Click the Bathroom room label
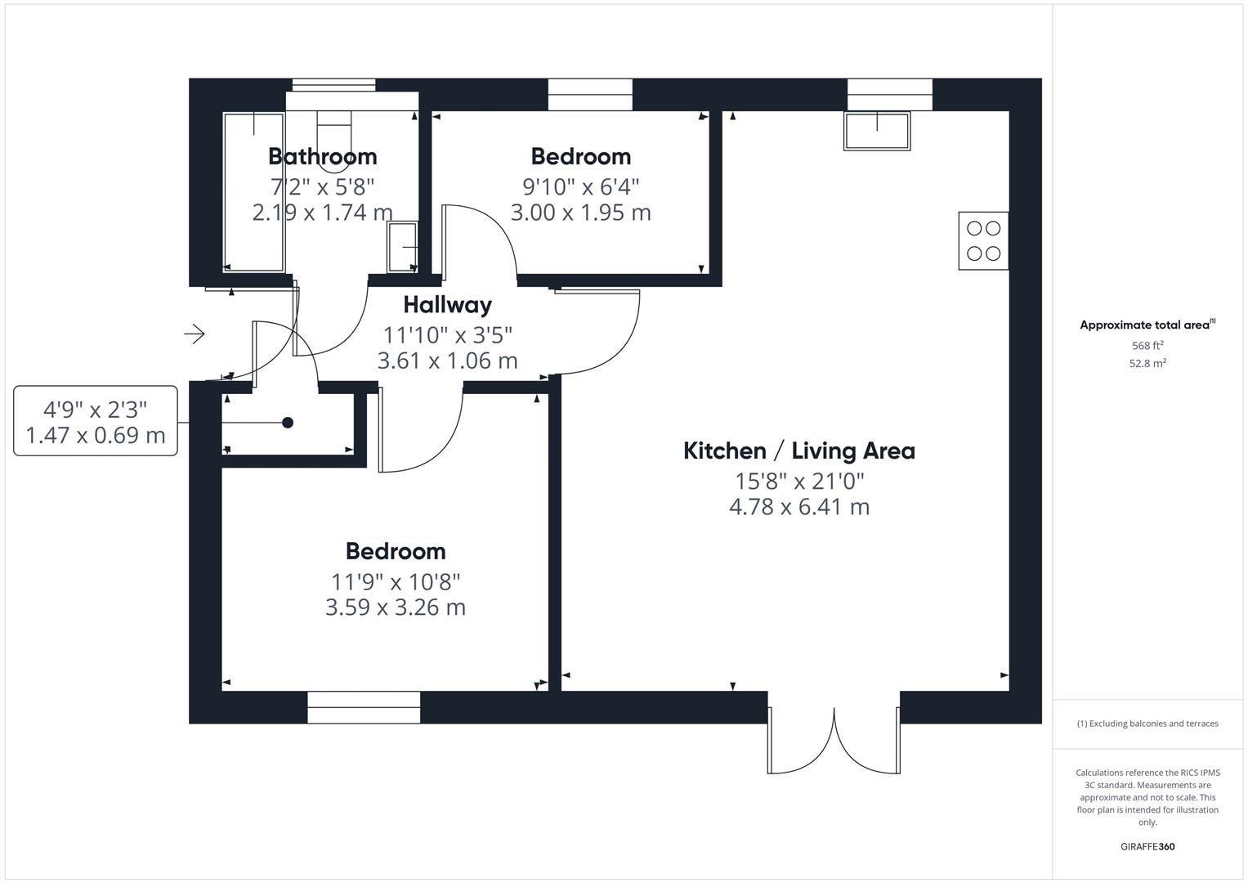[322, 156]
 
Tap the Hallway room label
[447, 305]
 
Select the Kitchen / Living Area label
[798, 450]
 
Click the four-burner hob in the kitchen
[983, 240]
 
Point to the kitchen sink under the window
[877, 131]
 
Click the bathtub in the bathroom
[253, 192]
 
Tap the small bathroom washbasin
[403, 246]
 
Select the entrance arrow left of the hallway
[195, 334]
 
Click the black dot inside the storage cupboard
[288, 423]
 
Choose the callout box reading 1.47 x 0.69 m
[96, 421]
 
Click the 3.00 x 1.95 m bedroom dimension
[580, 213]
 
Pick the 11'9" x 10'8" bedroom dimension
[396, 582]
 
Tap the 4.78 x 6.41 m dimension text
[798, 507]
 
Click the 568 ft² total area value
[1147, 346]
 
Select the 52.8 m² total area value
[1147, 364]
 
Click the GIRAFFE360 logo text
[1147, 846]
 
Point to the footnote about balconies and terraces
[1147, 724]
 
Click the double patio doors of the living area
[834, 736]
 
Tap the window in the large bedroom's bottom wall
[364, 707]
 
